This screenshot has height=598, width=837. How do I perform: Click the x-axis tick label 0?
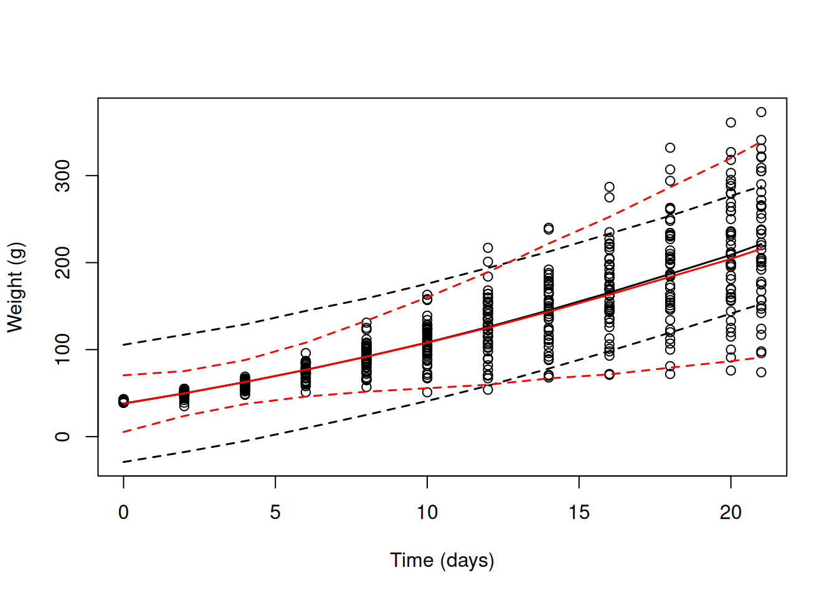point(123,513)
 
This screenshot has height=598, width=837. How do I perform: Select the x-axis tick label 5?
point(275,513)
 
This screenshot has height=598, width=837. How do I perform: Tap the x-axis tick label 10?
point(427,513)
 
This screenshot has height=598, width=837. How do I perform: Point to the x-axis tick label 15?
point(579,513)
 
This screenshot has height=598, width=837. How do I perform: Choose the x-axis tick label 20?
point(731,513)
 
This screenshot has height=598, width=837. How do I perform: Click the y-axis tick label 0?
point(62,437)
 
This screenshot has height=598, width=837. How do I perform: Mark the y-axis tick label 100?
point(62,349)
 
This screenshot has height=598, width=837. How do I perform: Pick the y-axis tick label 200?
point(62,262)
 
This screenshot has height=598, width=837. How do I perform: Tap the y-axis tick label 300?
point(62,176)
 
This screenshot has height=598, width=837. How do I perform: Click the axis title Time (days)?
point(442,560)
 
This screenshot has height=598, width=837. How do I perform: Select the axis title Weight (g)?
point(15,287)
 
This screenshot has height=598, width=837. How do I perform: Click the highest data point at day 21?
point(761,112)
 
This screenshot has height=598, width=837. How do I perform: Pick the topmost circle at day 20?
point(731,123)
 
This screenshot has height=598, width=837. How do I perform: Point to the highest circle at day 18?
point(670,148)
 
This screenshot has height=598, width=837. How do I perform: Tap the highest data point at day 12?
point(488,248)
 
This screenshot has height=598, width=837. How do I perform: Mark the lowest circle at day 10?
point(427,392)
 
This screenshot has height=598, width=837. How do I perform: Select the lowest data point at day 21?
point(761,373)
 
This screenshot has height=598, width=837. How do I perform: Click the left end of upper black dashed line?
point(124,344)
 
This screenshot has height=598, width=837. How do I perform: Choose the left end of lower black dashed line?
point(124,462)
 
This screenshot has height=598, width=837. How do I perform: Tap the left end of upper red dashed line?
point(124,375)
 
